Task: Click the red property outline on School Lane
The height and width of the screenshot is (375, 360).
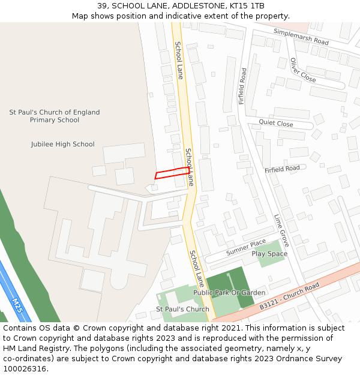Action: [172, 173]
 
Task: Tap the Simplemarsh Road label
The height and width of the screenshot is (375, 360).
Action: [301, 37]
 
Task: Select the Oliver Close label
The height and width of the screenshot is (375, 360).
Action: [302, 70]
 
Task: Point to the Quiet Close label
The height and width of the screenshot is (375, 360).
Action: [276, 124]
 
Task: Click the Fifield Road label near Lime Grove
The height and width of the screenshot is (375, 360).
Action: [282, 169]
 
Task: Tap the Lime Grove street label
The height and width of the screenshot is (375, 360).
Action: [281, 230]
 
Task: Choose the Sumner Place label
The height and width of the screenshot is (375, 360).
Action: [246, 247]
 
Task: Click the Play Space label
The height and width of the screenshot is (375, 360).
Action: [269, 254]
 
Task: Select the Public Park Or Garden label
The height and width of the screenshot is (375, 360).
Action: [229, 293]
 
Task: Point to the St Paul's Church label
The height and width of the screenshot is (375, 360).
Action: [182, 310]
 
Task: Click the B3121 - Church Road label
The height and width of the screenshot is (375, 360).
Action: [289, 298]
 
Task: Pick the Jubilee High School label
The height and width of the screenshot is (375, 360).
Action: [63, 144]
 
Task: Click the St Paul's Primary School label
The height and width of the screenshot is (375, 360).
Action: [55, 116]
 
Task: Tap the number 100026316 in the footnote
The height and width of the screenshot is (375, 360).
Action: [24, 369]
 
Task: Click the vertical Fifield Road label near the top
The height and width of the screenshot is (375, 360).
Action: [242, 86]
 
